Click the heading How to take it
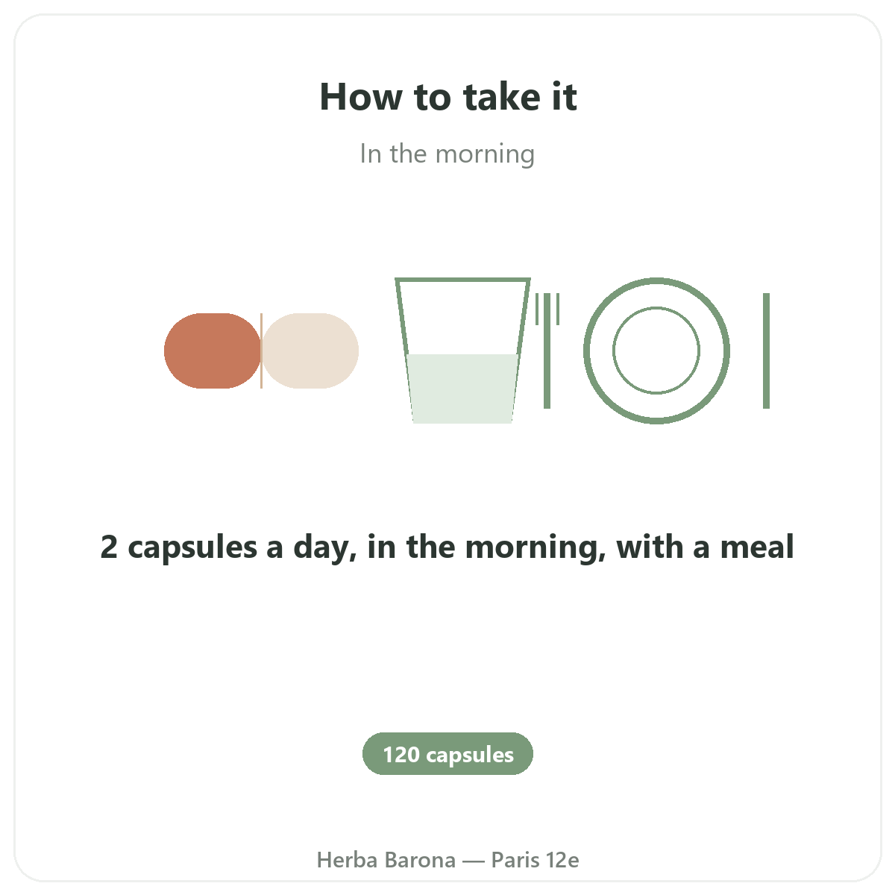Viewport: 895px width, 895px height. [447, 97]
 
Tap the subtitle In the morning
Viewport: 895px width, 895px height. [447, 154]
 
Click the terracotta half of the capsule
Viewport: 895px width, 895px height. [213, 351]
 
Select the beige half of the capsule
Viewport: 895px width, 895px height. [310, 351]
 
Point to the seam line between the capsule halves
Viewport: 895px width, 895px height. [262, 351]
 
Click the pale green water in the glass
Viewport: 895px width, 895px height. [462, 389]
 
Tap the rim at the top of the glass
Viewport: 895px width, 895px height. [462, 280]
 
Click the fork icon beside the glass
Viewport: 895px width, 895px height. [547, 351]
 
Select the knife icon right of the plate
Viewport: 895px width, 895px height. [767, 351]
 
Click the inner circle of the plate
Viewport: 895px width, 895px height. [656, 307]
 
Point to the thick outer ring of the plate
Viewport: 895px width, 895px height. [656, 280]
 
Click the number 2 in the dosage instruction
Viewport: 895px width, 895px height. [109, 547]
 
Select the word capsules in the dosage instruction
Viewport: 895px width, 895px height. [192, 548]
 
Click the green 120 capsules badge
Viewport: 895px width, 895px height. [447, 753]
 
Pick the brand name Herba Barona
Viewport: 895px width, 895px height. [386, 860]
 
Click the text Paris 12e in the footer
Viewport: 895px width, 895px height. [535, 860]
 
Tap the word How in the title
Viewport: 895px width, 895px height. [361, 97]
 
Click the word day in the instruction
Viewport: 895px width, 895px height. [325, 548]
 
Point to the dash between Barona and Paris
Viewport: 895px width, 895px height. [474, 861]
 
